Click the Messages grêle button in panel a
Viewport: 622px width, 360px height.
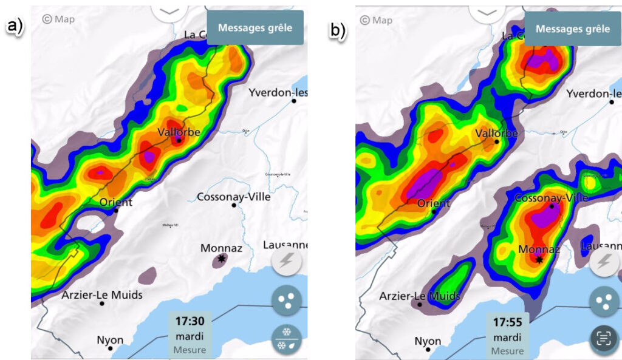(255, 27)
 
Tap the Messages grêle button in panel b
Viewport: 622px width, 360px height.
(573, 29)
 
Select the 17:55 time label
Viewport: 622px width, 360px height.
(507, 323)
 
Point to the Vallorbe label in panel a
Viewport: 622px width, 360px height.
(179, 132)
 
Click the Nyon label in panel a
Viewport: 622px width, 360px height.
(110, 341)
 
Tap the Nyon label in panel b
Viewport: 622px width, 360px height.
(428, 341)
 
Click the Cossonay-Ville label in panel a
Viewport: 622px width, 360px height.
(234, 197)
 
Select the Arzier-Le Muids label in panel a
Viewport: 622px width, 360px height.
(102, 295)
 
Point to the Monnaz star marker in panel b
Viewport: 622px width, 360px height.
(539, 259)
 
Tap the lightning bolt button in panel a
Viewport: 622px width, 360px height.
(287, 262)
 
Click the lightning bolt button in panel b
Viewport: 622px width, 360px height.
(604, 262)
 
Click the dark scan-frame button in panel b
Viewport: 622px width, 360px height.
(604, 339)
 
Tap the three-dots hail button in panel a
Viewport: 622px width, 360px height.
(287, 300)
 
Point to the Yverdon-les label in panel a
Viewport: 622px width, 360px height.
(278, 93)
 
